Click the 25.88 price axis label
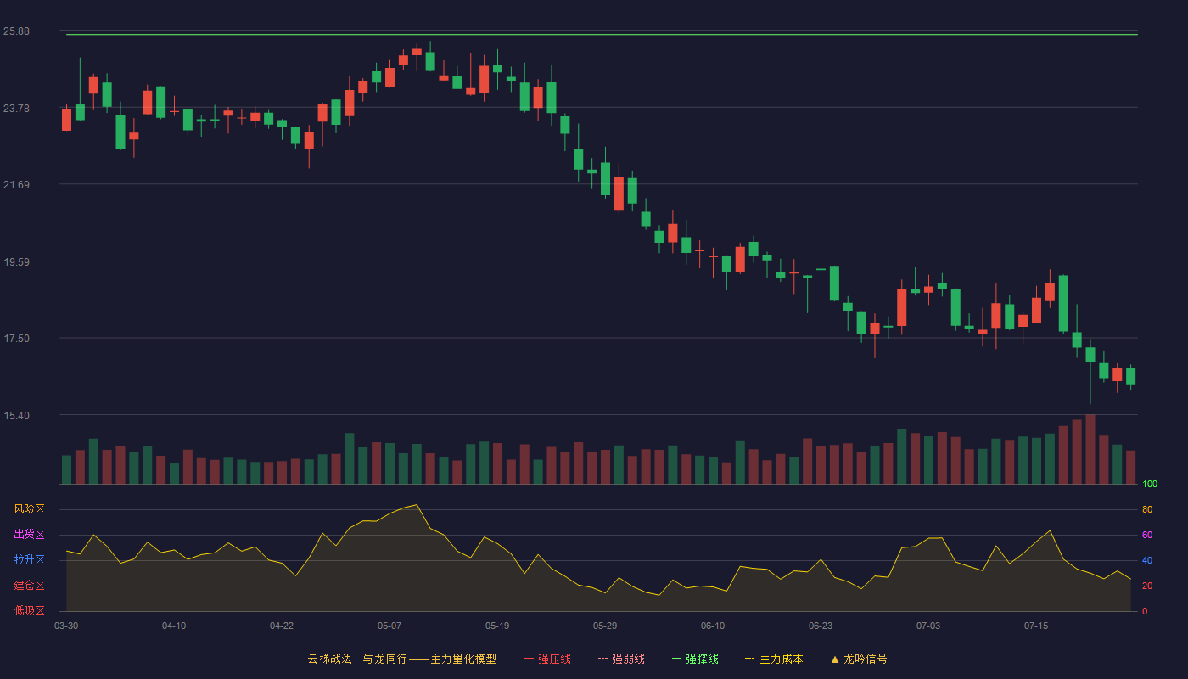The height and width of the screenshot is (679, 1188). [x=16, y=31]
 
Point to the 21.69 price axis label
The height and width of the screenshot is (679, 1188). [x=16, y=185]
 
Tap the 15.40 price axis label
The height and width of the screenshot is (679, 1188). [x=16, y=415]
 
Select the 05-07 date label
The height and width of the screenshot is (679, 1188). [x=389, y=626]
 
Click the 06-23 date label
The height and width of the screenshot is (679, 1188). [x=821, y=626]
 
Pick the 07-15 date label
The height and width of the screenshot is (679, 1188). [x=1036, y=626]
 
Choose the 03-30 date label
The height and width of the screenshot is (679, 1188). [x=66, y=626]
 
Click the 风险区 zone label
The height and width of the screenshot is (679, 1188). [x=29, y=509]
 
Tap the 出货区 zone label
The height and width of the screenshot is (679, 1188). [x=29, y=534]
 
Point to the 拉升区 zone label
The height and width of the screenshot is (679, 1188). [x=29, y=559]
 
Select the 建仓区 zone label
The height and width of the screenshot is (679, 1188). [x=29, y=585]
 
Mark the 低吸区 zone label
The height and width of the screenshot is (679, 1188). [x=29, y=610]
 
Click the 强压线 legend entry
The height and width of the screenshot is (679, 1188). [x=547, y=659]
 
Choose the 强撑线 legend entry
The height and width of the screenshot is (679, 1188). [x=695, y=659]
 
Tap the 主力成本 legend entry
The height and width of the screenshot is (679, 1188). [x=774, y=659]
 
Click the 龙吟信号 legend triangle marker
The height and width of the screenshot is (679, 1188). [x=835, y=659]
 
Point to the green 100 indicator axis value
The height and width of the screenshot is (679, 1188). [x=1150, y=484]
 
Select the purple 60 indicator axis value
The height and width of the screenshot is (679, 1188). [x=1147, y=535]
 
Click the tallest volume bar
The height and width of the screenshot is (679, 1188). [x=1090, y=449]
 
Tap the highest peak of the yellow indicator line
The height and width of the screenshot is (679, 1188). [x=417, y=504]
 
